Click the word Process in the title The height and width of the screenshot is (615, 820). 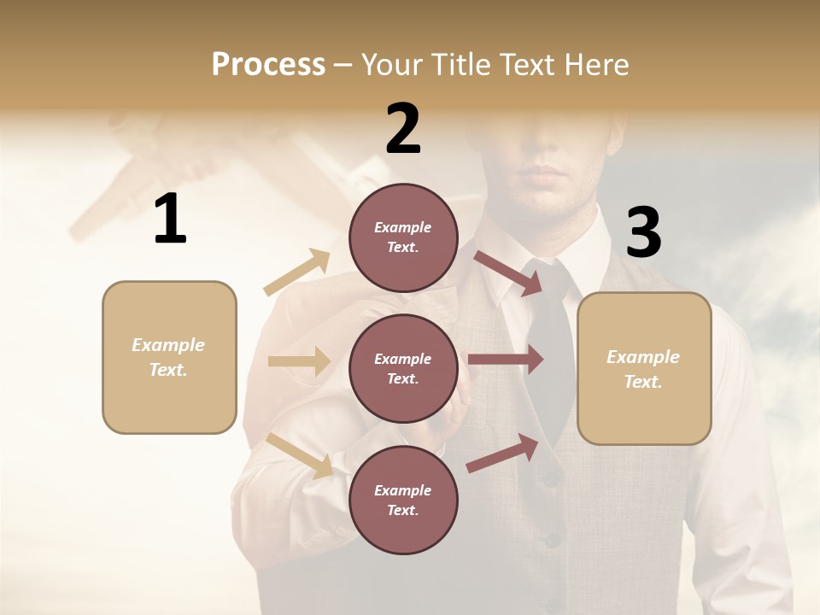[x=268, y=65]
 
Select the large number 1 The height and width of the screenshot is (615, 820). [x=170, y=220]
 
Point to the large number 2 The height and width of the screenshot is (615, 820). [x=403, y=129]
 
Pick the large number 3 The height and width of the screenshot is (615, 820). [x=643, y=233]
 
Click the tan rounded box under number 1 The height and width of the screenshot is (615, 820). [x=169, y=357]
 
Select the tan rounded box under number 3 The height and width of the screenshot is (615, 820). [x=644, y=368]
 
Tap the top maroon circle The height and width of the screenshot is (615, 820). [x=403, y=237]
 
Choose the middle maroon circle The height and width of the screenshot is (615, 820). [x=403, y=368]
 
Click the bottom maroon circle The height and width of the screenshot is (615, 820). [x=403, y=500]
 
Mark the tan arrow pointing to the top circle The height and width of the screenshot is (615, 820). [x=297, y=272]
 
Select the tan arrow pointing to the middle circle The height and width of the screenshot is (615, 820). [x=299, y=361]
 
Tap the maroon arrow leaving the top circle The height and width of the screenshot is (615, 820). [x=509, y=272]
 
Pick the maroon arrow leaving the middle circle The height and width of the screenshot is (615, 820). [x=506, y=360]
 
